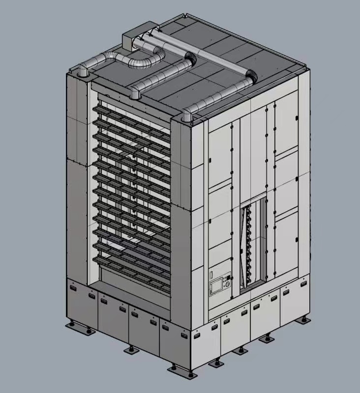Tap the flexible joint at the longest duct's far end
[250, 79]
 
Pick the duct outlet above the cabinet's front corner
[186, 116]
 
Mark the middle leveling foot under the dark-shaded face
[130, 349]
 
